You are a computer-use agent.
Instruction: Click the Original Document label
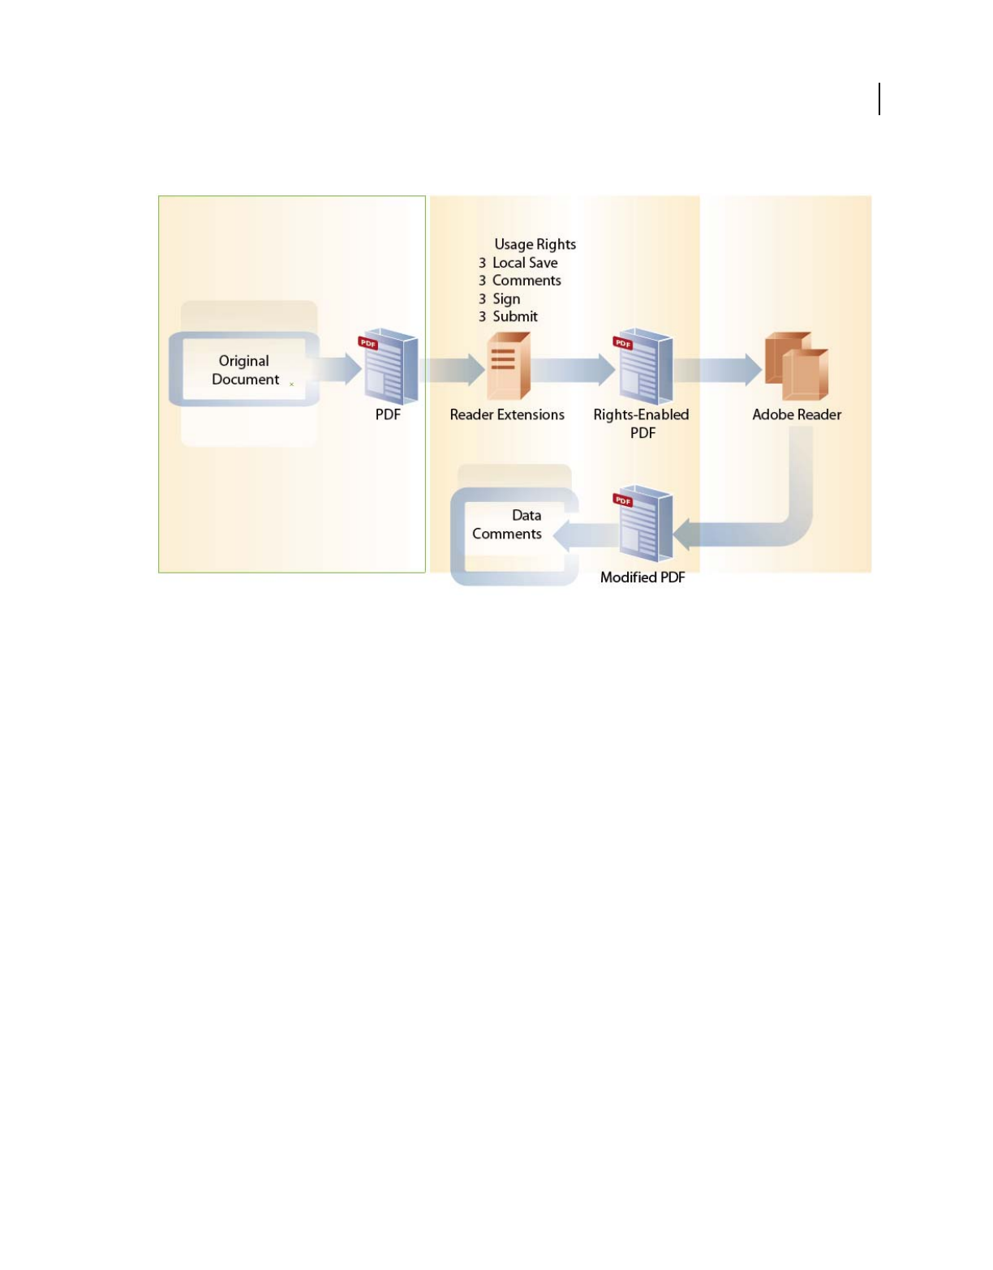(244, 370)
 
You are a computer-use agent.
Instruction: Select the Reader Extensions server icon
(508, 367)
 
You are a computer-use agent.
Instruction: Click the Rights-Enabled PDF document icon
(644, 367)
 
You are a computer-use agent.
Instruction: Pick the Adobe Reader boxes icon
(797, 367)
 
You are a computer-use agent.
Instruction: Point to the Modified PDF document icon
(644, 524)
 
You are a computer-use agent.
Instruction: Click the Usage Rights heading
(535, 244)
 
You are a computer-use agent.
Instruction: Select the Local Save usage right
(525, 263)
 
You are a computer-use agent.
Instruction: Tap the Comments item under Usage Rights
(527, 281)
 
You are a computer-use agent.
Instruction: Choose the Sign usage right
(506, 299)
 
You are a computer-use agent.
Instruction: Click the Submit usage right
(515, 317)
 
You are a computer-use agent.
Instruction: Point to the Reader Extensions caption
(507, 414)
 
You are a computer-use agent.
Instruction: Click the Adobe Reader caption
(797, 414)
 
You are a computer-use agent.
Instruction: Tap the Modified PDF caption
(643, 577)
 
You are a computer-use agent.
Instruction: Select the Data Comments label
(508, 525)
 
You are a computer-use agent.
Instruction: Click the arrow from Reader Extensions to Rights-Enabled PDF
(573, 369)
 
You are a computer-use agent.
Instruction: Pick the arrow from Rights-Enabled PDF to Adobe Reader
(718, 369)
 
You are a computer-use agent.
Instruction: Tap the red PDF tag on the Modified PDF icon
(623, 500)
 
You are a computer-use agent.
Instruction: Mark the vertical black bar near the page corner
(879, 99)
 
